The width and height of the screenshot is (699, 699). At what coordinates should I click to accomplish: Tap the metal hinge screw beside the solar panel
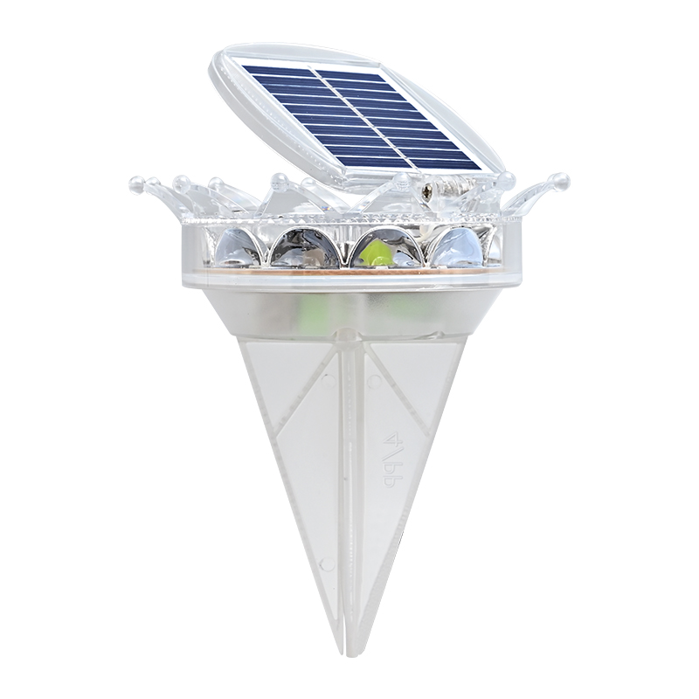tap(428, 186)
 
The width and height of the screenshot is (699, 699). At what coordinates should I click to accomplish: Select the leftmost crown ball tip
tap(135, 183)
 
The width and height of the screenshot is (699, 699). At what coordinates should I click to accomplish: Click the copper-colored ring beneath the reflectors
tap(349, 273)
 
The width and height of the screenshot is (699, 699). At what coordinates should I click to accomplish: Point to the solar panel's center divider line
tap(363, 113)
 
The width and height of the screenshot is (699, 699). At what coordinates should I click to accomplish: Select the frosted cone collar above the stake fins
tap(349, 310)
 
